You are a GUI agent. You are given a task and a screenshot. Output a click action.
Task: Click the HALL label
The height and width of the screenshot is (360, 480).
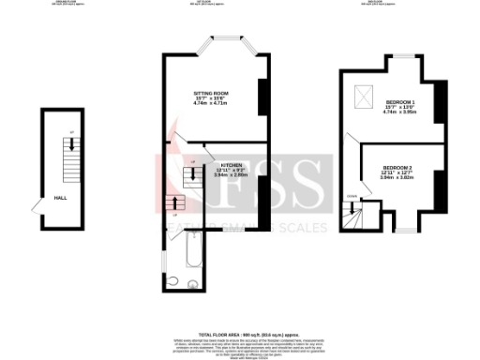tap(60, 199)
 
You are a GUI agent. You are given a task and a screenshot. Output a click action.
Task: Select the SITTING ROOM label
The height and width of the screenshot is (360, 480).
tap(211, 94)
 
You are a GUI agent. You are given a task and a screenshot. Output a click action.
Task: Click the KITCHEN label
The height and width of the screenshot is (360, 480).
tap(231, 163)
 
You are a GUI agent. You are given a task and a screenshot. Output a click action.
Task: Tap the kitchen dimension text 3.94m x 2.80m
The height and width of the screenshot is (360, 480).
tap(231, 174)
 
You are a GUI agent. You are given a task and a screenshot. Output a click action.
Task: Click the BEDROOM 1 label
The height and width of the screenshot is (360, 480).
tap(400, 100)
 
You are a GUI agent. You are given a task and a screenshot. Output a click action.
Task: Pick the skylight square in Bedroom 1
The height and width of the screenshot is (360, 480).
tap(363, 97)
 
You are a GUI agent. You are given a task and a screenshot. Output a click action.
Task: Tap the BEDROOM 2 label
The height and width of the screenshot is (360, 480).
tap(397, 167)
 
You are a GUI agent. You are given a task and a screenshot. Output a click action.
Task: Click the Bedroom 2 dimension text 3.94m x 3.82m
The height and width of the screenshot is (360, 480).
tap(397, 178)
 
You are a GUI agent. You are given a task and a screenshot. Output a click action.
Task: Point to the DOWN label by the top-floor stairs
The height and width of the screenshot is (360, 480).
tap(352, 196)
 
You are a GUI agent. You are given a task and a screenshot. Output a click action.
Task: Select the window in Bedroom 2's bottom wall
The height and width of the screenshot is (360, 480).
tap(404, 229)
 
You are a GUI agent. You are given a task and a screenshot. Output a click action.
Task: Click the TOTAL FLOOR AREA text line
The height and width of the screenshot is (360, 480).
tap(240, 334)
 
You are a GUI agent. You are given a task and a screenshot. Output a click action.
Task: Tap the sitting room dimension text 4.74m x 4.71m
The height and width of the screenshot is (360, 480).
tap(211, 104)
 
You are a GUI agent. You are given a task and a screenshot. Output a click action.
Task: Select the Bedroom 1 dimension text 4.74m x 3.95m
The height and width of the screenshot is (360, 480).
tap(400, 112)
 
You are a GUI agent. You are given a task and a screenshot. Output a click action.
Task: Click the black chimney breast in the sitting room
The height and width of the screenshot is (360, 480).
tap(262, 95)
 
